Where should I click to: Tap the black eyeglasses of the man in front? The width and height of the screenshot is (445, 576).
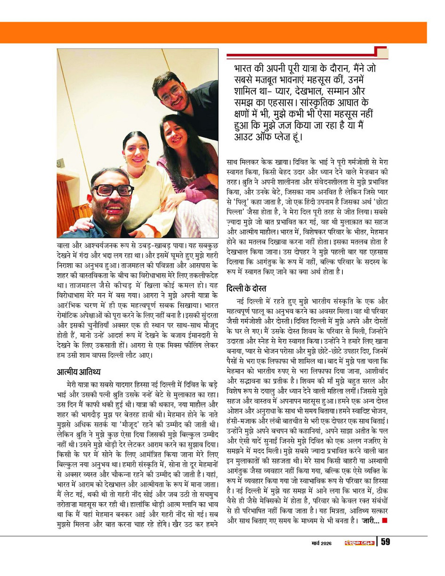pos(113,190)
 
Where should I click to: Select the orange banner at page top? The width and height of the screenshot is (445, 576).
pos(222,32)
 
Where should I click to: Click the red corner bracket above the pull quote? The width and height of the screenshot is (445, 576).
pos(380,53)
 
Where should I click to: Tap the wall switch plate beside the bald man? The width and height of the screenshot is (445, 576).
pos(60,164)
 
